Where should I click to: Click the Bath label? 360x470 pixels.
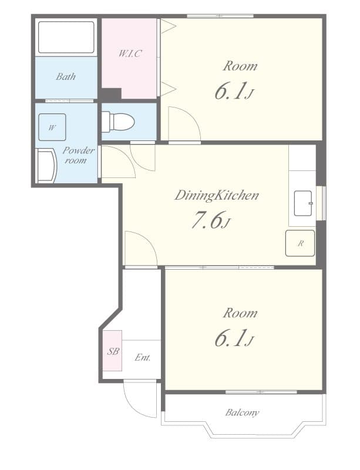[x=66, y=76]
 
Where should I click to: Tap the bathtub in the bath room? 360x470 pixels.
[x=66, y=38]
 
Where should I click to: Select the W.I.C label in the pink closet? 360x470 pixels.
[x=130, y=53]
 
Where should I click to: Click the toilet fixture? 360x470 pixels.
[x=119, y=122]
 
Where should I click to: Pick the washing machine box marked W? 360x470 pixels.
[x=52, y=127]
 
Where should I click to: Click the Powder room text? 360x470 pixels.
[x=77, y=155]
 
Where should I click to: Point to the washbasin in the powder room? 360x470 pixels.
[x=46, y=166]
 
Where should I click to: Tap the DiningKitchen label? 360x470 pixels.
[x=216, y=196]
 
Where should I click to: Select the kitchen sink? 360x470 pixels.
[x=303, y=203]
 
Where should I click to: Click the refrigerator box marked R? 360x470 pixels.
[x=300, y=243]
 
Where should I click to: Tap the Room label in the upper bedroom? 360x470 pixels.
[x=240, y=66]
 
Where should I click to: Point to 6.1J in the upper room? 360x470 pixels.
[x=234, y=92]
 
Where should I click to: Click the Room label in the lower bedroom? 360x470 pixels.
[x=240, y=313]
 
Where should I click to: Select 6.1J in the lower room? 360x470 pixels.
[x=234, y=340]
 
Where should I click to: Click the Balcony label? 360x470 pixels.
[x=242, y=412]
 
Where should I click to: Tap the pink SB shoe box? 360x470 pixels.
[x=113, y=351]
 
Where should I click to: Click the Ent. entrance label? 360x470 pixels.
[x=143, y=357]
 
